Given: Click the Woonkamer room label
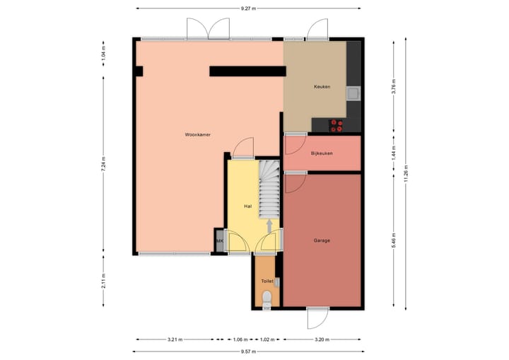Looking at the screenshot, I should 198,134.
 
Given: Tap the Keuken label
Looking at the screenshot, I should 322,87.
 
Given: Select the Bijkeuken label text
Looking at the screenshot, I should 322,153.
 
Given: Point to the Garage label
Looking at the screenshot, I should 322,240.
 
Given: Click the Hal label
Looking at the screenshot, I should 247,206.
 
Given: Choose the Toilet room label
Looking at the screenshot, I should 267,281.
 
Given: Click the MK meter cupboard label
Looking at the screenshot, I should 220,242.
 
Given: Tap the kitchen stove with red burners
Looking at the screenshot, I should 337,126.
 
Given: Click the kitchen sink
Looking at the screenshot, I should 353,93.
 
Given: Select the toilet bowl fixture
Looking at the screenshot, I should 266,303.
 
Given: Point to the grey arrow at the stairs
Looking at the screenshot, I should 269,225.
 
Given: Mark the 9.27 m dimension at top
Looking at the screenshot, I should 247,8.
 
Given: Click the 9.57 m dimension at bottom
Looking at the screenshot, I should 247,352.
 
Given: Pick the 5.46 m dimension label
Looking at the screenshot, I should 393,240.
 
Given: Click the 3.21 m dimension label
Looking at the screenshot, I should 175,339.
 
